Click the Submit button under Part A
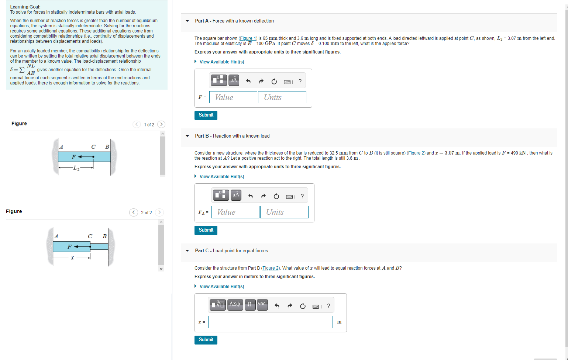[x=206, y=115]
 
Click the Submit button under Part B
[x=206, y=230]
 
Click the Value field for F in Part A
[x=233, y=97]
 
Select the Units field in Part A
[x=282, y=97]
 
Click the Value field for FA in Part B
[x=235, y=212]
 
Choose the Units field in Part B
[x=284, y=212]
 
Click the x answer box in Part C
[x=270, y=322]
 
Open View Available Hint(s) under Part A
[x=221, y=62]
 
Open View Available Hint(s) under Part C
[x=221, y=287]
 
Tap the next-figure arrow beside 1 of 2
[x=161, y=124]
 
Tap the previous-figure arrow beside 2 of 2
[x=134, y=212]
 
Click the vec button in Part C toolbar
[x=262, y=305]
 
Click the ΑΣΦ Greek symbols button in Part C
[x=235, y=305]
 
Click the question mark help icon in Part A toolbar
[x=300, y=81]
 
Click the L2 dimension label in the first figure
[x=76, y=168]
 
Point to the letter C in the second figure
[x=90, y=236]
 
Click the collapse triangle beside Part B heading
[x=187, y=136]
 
